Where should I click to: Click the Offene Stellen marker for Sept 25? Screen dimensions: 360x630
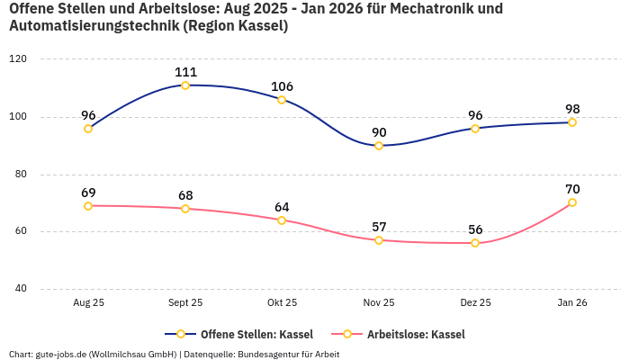[x=185, y=85]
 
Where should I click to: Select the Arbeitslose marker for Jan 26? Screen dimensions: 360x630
[x=571, y=202]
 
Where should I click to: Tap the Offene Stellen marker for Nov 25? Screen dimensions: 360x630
[x=379, y=146]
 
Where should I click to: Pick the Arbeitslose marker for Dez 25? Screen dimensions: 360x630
[x=475, y=243]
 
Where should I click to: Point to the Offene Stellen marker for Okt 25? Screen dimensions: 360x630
[x=282, y=100]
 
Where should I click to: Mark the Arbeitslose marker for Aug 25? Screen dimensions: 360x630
[x=88, y=206]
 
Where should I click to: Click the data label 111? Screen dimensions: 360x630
[x=186, y=72]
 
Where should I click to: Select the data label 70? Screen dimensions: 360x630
[x=572, y=189]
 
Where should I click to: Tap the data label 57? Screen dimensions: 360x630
[x=379, y=227]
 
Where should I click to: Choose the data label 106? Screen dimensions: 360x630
[x=283, y=86]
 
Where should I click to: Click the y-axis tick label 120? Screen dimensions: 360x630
[x=18, y=58]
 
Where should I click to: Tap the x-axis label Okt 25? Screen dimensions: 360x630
[x=282, y=303]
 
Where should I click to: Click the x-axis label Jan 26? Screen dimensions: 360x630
[x=571, y=303]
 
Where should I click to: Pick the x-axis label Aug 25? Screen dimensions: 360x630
[x=88, y=303]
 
